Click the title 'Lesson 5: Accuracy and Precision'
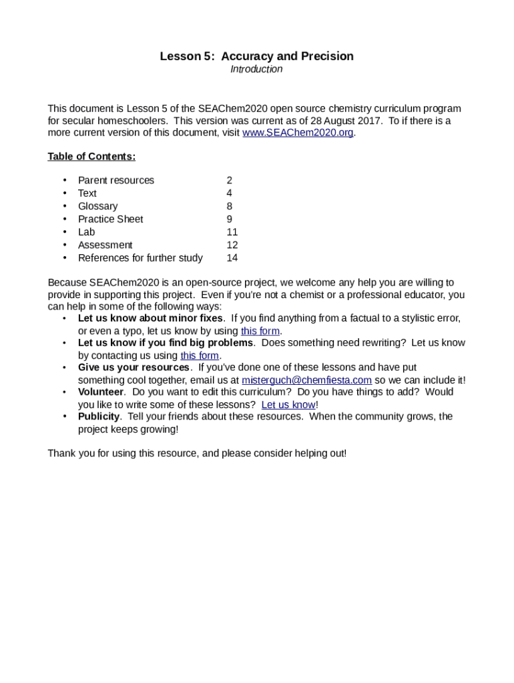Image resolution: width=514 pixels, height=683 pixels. [x=256, y=56]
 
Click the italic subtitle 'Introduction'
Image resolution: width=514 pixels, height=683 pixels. [x=256, y=69]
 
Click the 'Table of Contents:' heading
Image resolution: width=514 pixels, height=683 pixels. [x=91, y=157]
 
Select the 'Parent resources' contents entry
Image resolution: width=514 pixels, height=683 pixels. [x=115, y=181]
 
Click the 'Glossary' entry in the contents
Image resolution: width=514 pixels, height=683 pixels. [x=97, y=207]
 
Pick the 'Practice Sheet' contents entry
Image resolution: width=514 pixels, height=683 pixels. [x=110, y=219]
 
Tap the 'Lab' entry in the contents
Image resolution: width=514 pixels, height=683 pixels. [x=86, y=232]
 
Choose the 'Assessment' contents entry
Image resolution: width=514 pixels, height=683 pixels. [x=105, y=245]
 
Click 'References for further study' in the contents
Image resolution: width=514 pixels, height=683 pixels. [x=140, y=258]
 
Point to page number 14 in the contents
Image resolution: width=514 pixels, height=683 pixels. [x=232, y=258]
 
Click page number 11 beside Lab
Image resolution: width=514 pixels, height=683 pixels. [x=232, y=232]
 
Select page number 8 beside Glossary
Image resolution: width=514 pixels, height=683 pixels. [x=229, y=207]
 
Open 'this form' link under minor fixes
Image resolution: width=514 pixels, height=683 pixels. [x=260, y=331]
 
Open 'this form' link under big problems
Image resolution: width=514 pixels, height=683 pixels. [x=200, y=356]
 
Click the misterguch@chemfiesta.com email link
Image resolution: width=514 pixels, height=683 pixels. [x=306, y=381]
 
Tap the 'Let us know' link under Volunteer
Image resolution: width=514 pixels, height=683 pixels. [x=288, y=405]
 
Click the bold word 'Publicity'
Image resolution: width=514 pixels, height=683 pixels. [x=99, y=417]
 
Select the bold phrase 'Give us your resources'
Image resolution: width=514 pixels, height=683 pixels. [x=134, y=368]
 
